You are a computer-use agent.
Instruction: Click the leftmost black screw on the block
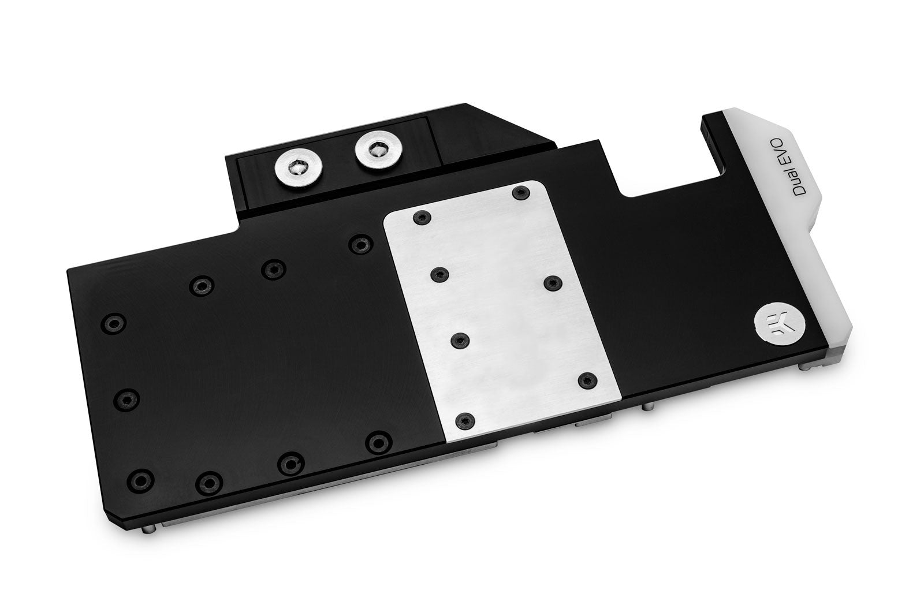pos(111,323)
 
